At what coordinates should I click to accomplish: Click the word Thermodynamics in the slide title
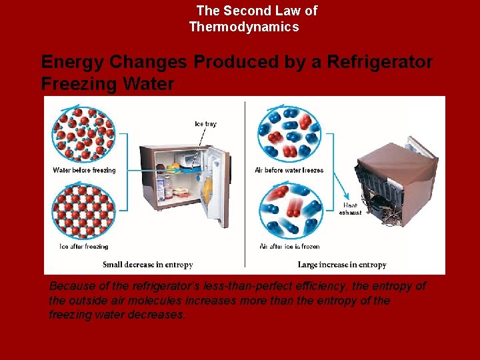[244, 27]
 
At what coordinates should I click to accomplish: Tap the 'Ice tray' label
[205, 124]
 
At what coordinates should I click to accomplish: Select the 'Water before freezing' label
[84, 170]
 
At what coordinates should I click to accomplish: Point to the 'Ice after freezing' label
[84, 246]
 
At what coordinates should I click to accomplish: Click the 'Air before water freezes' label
[289, 170]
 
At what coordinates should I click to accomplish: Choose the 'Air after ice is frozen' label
[289, 246]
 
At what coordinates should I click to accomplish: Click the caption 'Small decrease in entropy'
[149, 265]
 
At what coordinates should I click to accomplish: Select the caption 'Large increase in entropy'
[342, 265]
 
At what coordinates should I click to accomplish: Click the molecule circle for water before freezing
[83, 135]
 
